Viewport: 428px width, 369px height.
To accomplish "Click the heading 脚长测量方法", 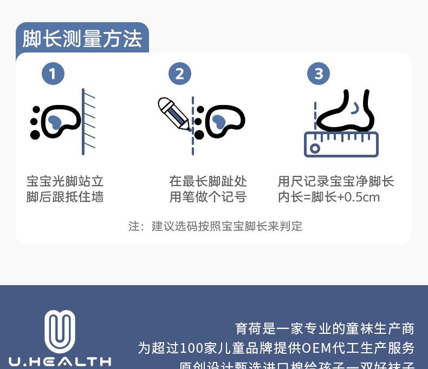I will (x=82, y=39).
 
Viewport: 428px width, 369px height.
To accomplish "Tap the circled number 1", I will (x=53, y=74).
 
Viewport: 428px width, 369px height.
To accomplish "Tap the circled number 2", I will (x=180, y=74).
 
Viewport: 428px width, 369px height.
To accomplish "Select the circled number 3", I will (x=319, y=74).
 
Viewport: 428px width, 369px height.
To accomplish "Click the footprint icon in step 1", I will (x=55, y=121).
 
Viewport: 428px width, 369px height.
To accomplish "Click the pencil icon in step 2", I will (x=173, y=114).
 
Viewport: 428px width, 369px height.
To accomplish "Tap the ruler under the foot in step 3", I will (x=341, y=144).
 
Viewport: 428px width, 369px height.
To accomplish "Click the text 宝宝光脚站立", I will (x=65, y=181).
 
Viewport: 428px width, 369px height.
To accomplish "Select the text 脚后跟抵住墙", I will (x=65, y=197).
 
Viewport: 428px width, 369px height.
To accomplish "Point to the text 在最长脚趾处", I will (x=208, y=181).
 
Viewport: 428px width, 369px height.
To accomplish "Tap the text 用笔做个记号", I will (x=208, y=197).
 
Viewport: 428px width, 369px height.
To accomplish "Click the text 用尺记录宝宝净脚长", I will (x=336, y=181).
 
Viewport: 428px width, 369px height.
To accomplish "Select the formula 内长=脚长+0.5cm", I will (x=329, y=197).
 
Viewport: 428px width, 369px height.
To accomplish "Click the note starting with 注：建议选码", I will (x=215, y=226).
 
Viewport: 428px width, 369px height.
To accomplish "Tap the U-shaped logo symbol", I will (x=60, y=331).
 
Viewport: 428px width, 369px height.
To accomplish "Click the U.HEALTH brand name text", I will (x=60, y=361).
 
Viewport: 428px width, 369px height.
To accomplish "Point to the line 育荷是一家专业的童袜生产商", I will (x=325, y=328).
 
